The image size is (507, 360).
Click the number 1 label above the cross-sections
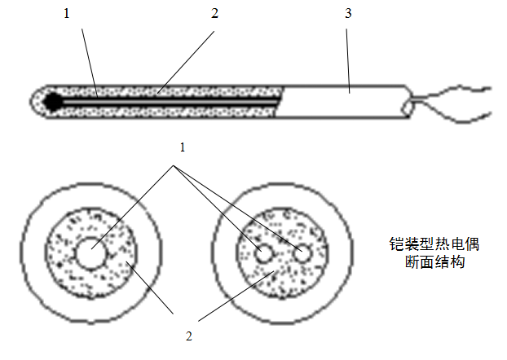point(183,147)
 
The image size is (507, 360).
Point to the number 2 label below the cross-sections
point(189,334)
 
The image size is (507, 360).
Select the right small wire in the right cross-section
point(303,254)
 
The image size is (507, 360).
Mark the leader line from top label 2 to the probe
point(187,57)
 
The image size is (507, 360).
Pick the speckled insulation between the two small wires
point(283,254)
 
